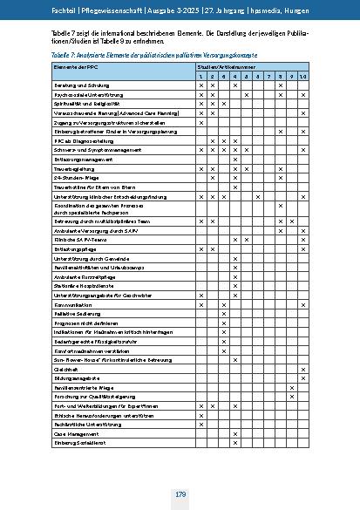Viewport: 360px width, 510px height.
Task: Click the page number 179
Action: [180, 494]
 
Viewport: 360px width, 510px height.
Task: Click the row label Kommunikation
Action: [71, 304]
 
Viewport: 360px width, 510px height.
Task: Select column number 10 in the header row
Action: [302, 76]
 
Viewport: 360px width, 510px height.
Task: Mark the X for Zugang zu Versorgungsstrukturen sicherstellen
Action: [201, 121]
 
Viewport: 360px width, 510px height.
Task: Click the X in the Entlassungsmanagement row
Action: [235, 158]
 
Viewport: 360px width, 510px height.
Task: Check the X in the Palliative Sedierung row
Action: [224, 314]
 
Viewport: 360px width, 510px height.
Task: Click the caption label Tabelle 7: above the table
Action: [66, 53]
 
